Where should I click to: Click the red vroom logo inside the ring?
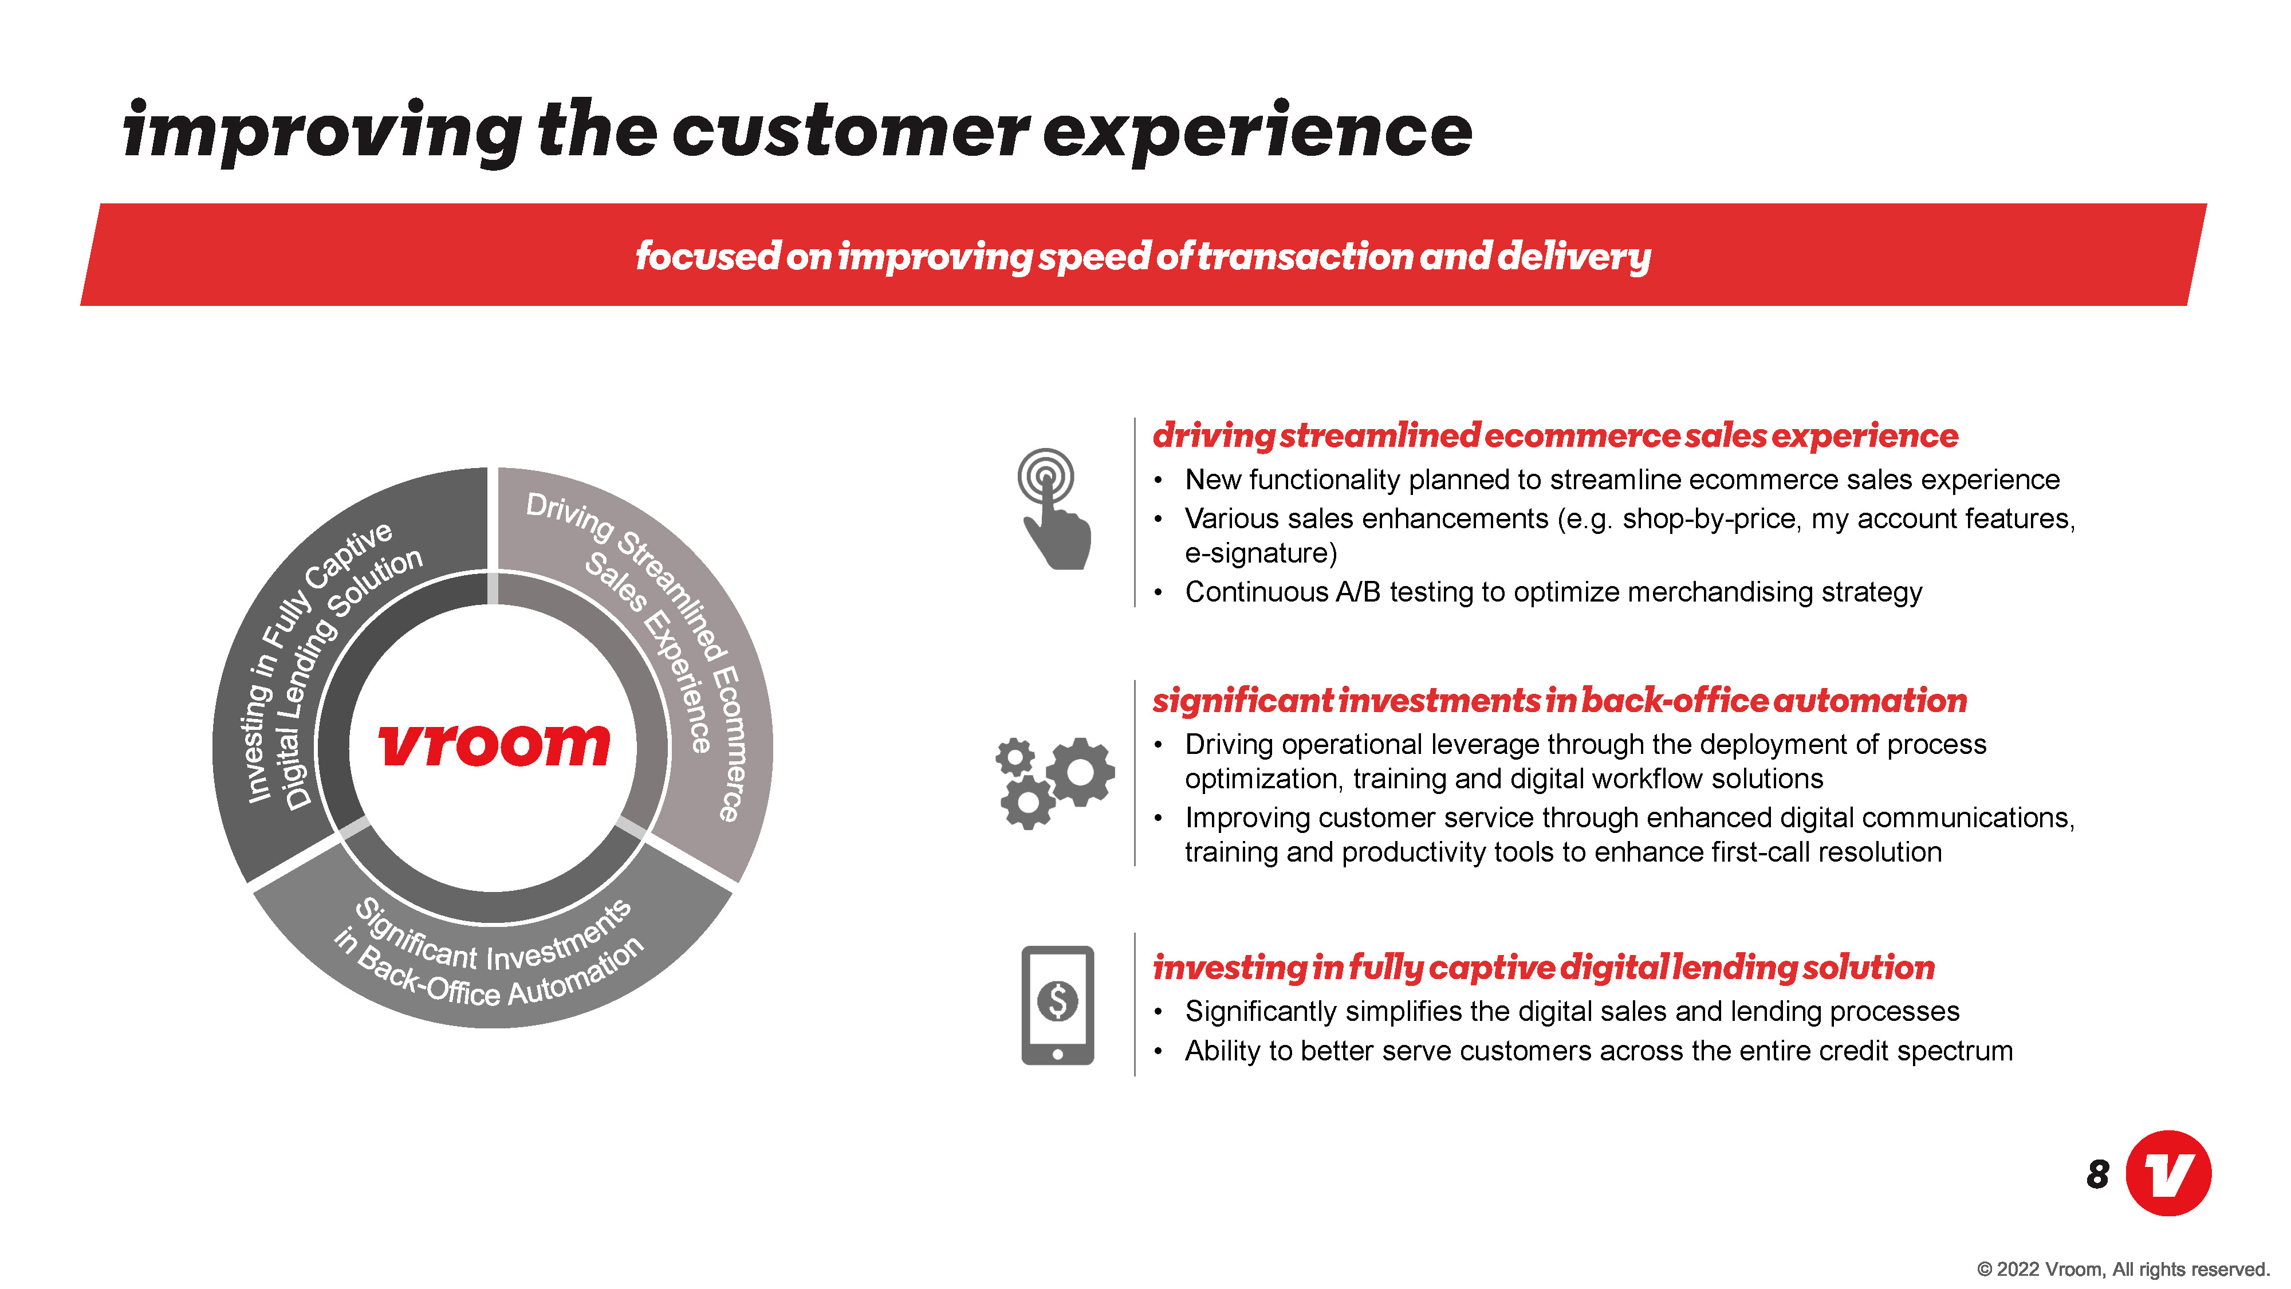[494, 745]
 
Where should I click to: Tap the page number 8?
[2097, 1174]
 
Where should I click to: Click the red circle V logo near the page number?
[2168, 1173]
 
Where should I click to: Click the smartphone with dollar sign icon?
[1057, 1005]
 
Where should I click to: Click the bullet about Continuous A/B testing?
[1553, 592]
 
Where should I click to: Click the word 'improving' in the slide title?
[322, 132]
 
